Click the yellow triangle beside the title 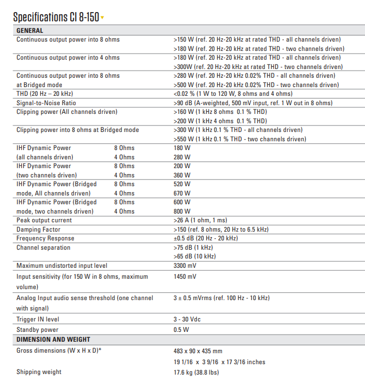tap(102, 18)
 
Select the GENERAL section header tap(30, 31)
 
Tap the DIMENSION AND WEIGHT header tap(53, 340)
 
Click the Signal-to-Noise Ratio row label tap(46, 103)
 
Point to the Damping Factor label tap(38, 229)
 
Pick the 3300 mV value tap(185, 266)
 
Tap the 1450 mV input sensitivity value tap(185, 277)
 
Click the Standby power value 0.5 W tap(181, 330)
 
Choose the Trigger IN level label tap(38, 319)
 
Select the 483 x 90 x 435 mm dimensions tap(198, 350)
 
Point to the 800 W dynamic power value tap(182, 211)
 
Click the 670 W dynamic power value tap(182, 193)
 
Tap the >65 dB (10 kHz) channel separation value tap(195, 256)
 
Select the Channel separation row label tap(43, 248)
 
